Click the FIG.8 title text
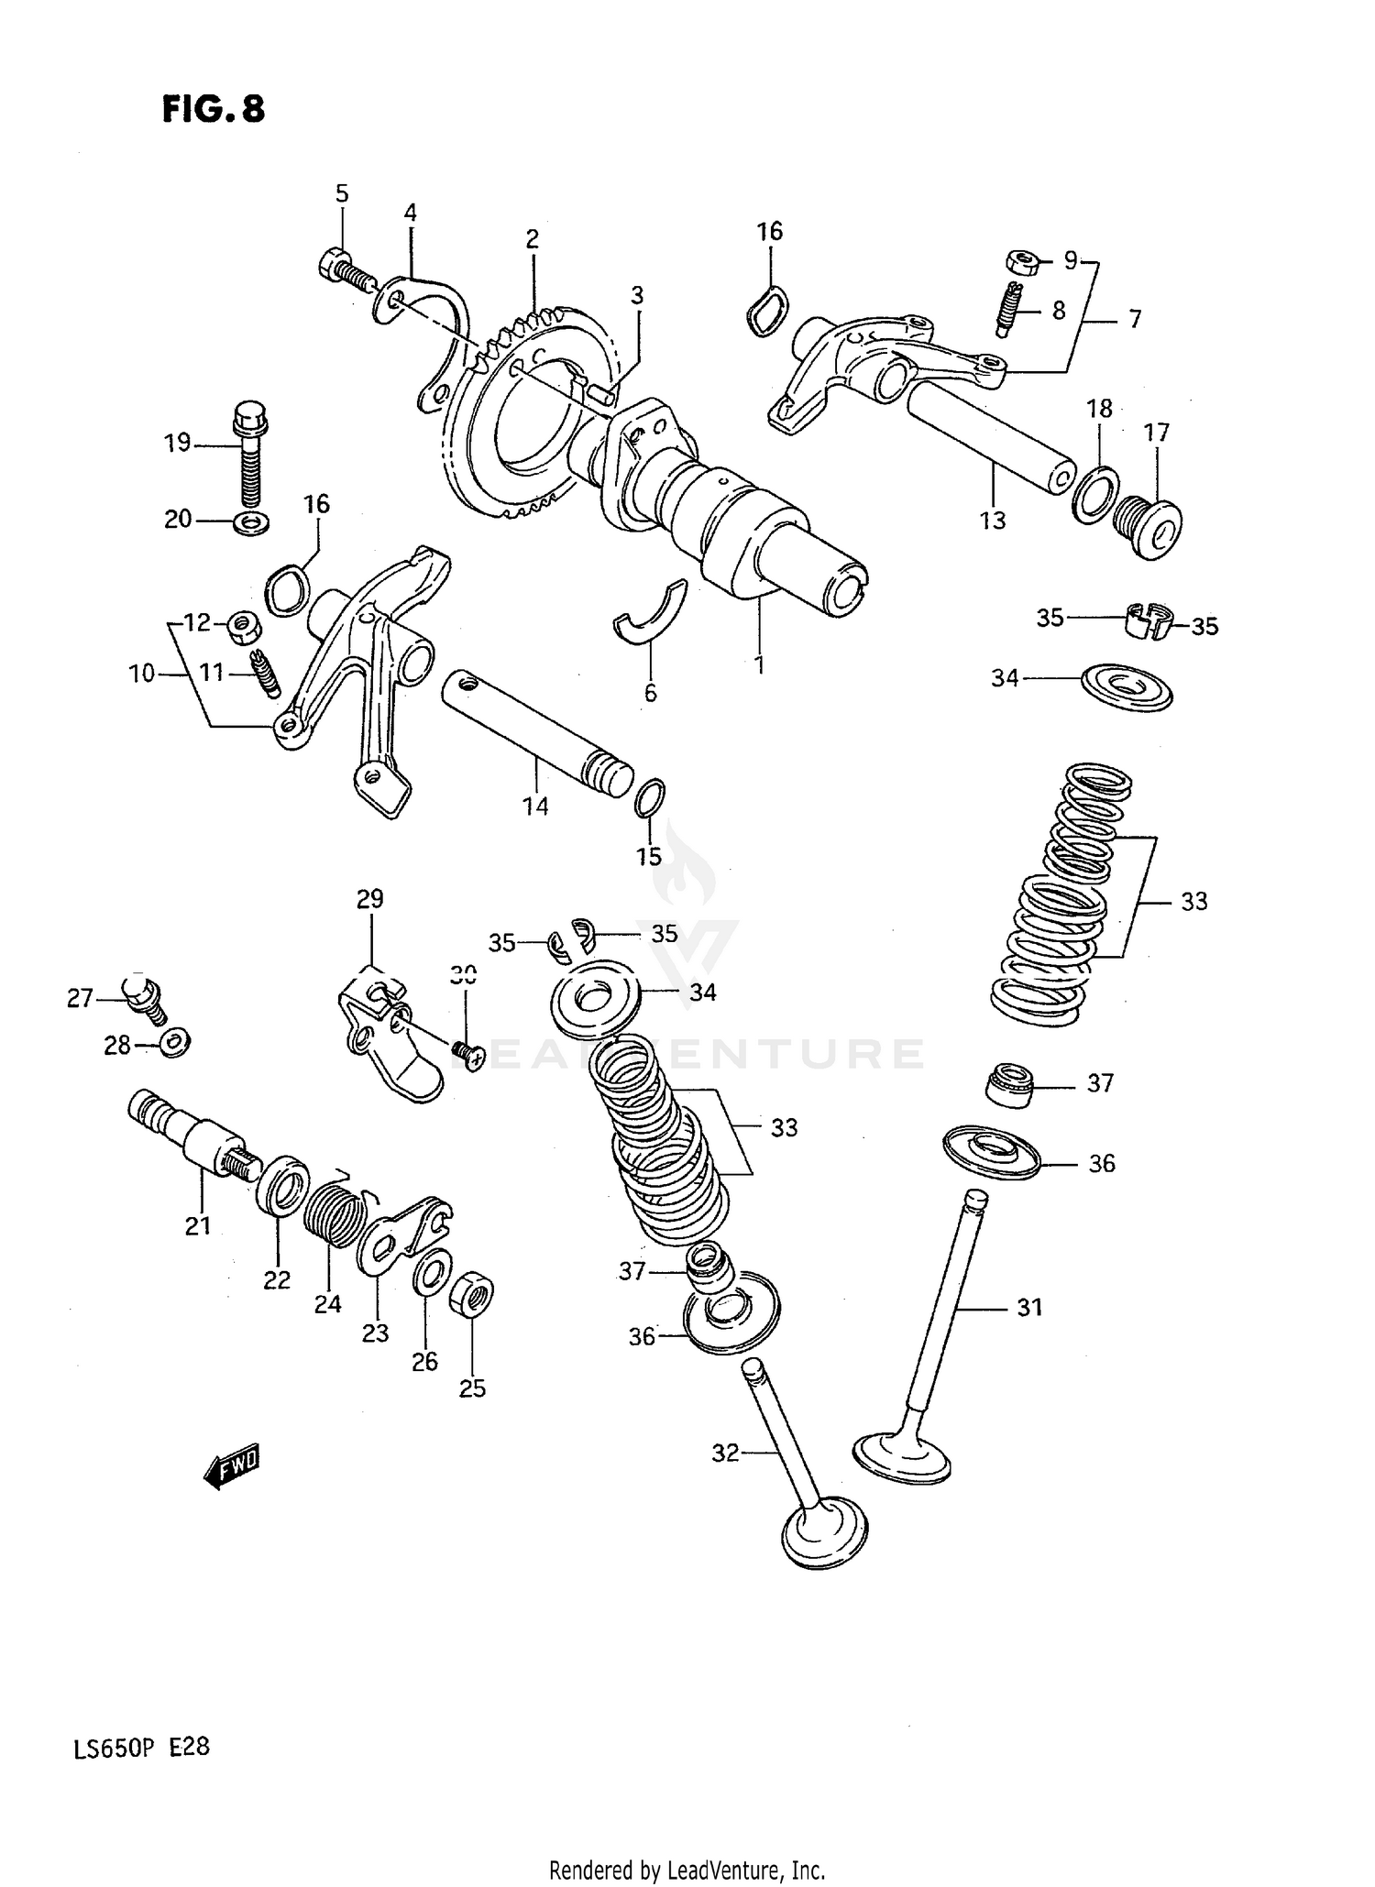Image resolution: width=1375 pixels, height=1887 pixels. (213, 110)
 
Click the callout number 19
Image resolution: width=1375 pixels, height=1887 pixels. (177, 444)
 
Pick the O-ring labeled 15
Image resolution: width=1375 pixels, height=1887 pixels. (649, 797)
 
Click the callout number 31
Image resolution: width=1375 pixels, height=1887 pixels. (1029, 1308)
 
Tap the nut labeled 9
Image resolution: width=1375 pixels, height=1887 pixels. (1021, 261)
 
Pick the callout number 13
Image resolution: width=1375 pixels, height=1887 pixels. (992, 521)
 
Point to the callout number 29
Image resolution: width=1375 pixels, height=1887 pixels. (369, 899)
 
